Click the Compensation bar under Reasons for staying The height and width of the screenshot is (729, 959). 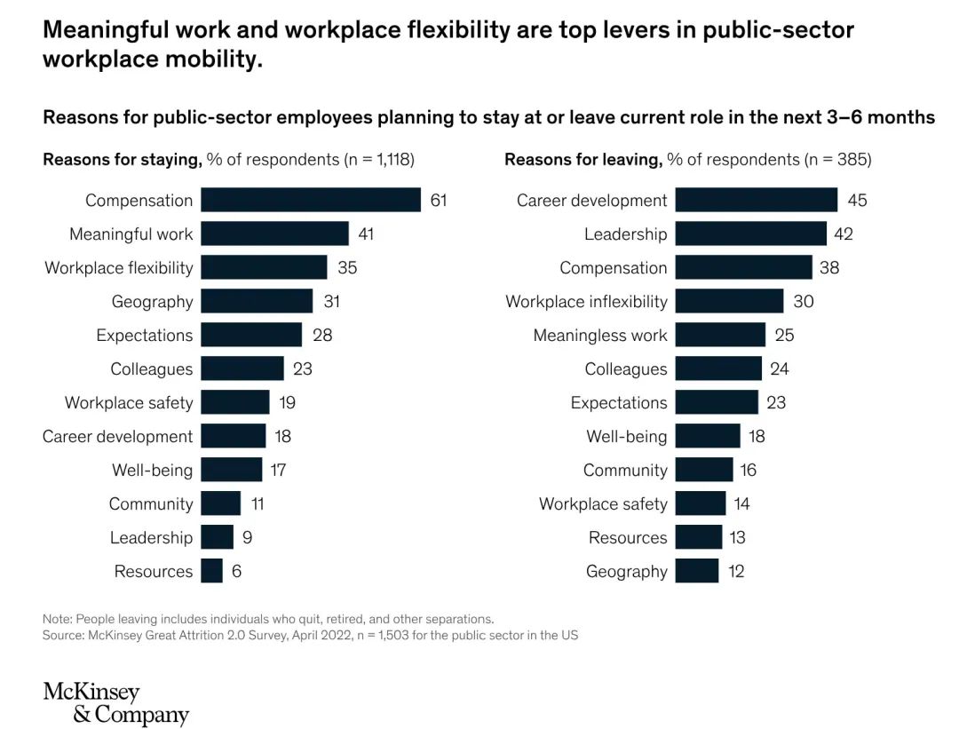(x=311, y=200)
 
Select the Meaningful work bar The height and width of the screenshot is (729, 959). (x=274, y=234)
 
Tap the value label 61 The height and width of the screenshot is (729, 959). (x=439, y=200)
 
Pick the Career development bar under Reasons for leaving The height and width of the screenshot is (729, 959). (x=756, y=200)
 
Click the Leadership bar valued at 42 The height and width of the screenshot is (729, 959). (x=750, y=234)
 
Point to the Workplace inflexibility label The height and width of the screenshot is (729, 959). (x=586, y=302)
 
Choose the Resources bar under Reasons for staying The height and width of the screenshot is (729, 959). (x=211, y=571)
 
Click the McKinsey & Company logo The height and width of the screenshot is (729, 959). (x=115, y=703)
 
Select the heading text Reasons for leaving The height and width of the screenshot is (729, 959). (x=583, y=160)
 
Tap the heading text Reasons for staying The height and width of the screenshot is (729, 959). (x=122, y=160)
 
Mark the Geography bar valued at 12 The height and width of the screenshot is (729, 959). (x=696, y=571)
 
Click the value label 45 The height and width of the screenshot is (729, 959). (x=857, y=200)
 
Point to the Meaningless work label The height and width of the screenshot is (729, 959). (x=599, y=336)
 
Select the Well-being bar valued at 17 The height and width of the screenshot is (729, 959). (x=231, y=470)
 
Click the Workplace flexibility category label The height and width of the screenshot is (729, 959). (x=119, y=267)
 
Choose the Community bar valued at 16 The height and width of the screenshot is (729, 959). (x=703, y=470)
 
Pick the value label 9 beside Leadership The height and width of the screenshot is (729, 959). (x=247, y=537)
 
